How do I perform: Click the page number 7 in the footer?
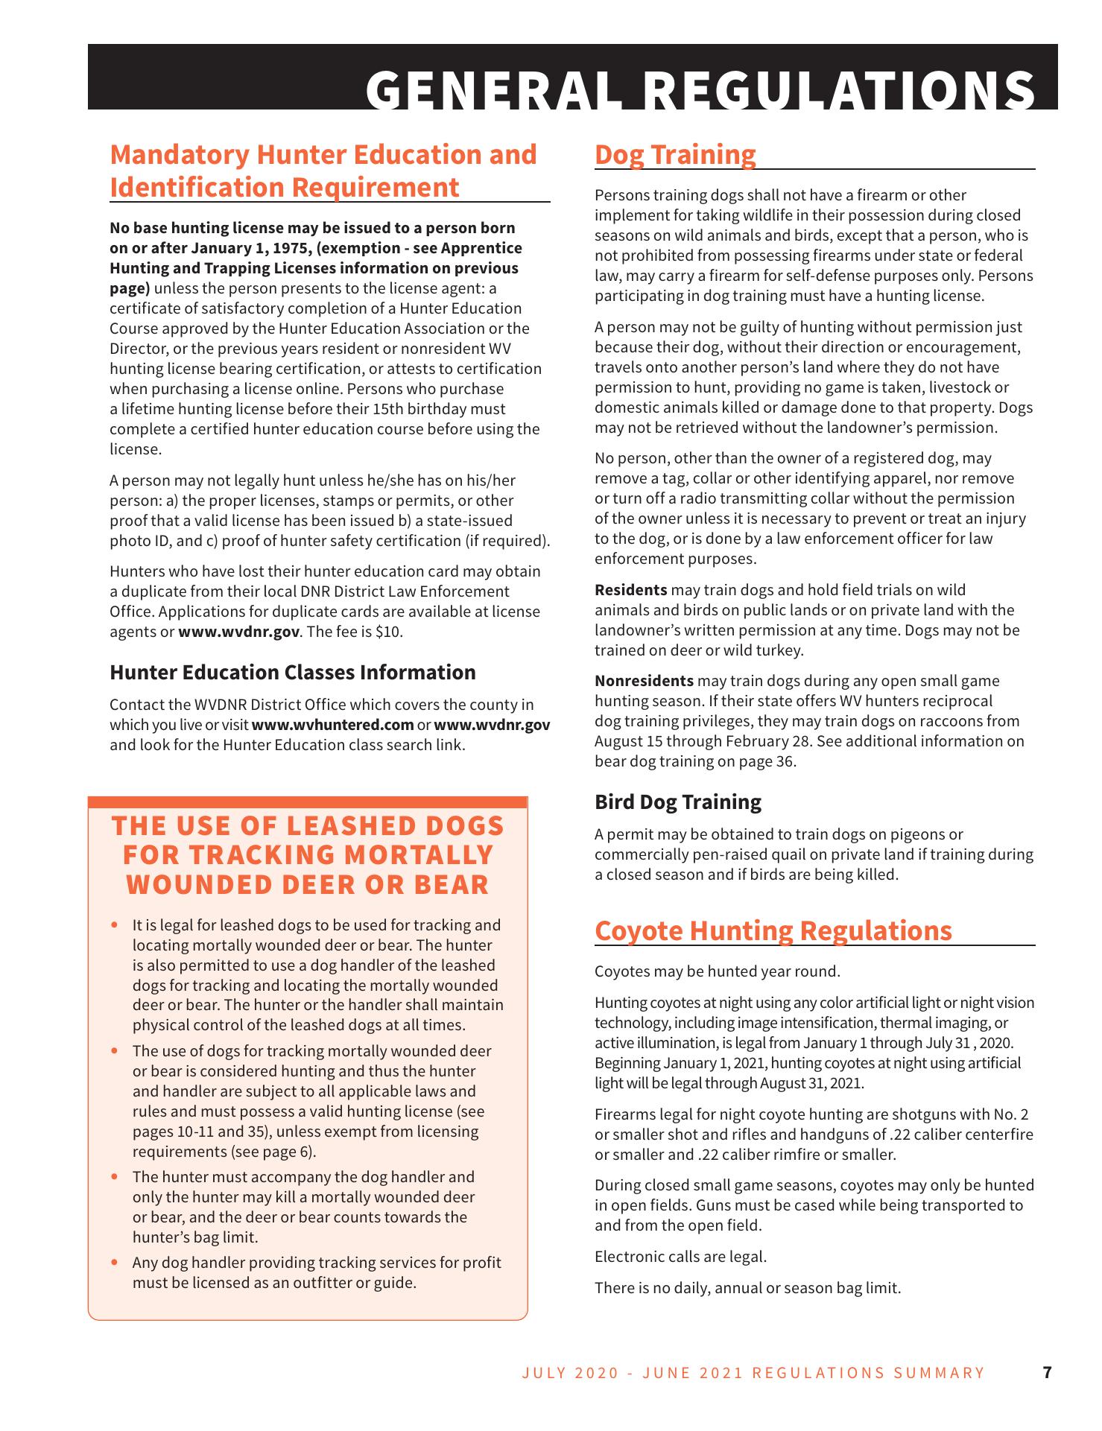(1047, 1372)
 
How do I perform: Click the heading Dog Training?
(675, 155)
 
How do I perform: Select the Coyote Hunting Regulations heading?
(773, 930)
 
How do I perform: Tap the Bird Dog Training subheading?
(678, 802)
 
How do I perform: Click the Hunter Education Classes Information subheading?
(293, 673)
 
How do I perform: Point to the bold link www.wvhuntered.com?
(333, 725)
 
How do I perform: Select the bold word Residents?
(630, 590)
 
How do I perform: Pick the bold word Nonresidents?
(644, 681)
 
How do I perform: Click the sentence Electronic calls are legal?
(680, 1257)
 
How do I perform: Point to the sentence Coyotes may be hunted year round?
(717, 971)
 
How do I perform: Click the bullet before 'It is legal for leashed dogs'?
(115, 925)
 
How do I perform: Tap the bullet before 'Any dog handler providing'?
(115, 1263)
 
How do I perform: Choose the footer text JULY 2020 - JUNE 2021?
(633, 1373)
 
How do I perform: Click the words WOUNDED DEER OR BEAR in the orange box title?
(308, 884)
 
